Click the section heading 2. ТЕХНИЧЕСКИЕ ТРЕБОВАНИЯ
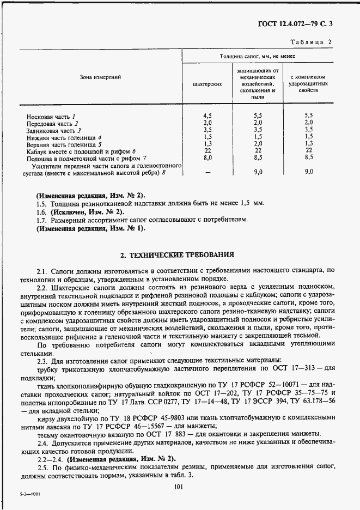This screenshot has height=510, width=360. coord(177,254)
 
